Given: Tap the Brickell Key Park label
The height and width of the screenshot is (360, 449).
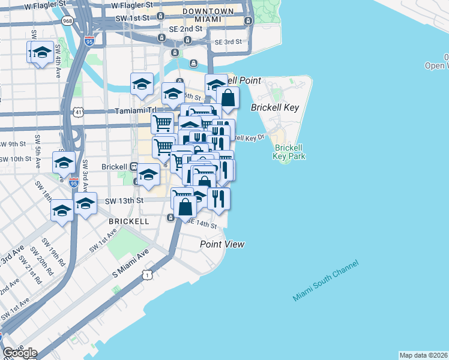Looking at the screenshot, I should pyautogui.click(x=291, y=152).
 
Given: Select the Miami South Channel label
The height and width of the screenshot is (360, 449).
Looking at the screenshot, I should pyautogui.click(x=325, y=281).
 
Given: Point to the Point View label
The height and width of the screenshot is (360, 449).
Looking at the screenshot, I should pyautogui.click(x=222, y=244).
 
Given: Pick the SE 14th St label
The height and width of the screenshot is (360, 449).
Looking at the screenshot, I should pyautogui.click(x=201, y=224).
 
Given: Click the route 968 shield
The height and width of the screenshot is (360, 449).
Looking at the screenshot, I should pyautogui.click(x=67, y=22).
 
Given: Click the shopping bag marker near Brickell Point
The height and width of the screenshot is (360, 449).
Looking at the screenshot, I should pyautogui.click(x=228, y=97).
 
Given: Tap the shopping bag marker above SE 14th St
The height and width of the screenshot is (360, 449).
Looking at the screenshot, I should pyautogui.click(x=186, y=208).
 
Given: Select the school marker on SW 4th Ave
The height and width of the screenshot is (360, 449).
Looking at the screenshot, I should pyautogui.click(x=41, y=53).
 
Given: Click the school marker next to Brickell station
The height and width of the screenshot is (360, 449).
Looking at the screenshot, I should pyautogui.click(x=148, y=175).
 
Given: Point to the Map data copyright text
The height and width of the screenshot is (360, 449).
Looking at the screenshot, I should pyautogui.click(x=424, y=355).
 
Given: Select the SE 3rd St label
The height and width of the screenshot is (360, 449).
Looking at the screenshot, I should pyautogui.click(x=228, y=42).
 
